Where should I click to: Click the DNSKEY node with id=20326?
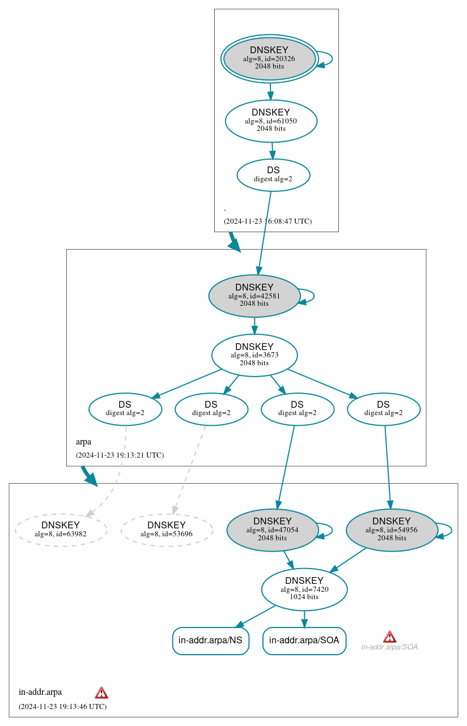(270, 59)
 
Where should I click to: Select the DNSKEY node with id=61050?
(271, 121)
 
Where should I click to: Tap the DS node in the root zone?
(273, 174)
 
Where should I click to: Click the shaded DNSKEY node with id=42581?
(254, 296)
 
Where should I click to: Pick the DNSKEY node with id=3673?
(254, 355)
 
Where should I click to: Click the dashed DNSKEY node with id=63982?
(61, 529)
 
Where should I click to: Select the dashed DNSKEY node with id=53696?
(167, 529)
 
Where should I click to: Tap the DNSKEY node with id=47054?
(272, 529)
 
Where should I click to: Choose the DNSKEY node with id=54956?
(392, 529)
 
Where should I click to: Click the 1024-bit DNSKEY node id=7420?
(304, 589)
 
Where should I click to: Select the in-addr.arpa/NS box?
(210, 640)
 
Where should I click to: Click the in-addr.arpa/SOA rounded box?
(304, 640)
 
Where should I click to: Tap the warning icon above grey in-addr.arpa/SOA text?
(389, 637)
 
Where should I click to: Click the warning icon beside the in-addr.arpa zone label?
(101, 693)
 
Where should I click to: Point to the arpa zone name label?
(83, 442)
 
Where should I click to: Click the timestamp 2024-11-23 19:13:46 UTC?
(62, 706)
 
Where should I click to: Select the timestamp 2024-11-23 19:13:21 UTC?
(120, 455)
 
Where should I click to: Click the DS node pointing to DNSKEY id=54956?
(383, 409)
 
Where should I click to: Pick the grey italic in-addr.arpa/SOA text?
(389, 647)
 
